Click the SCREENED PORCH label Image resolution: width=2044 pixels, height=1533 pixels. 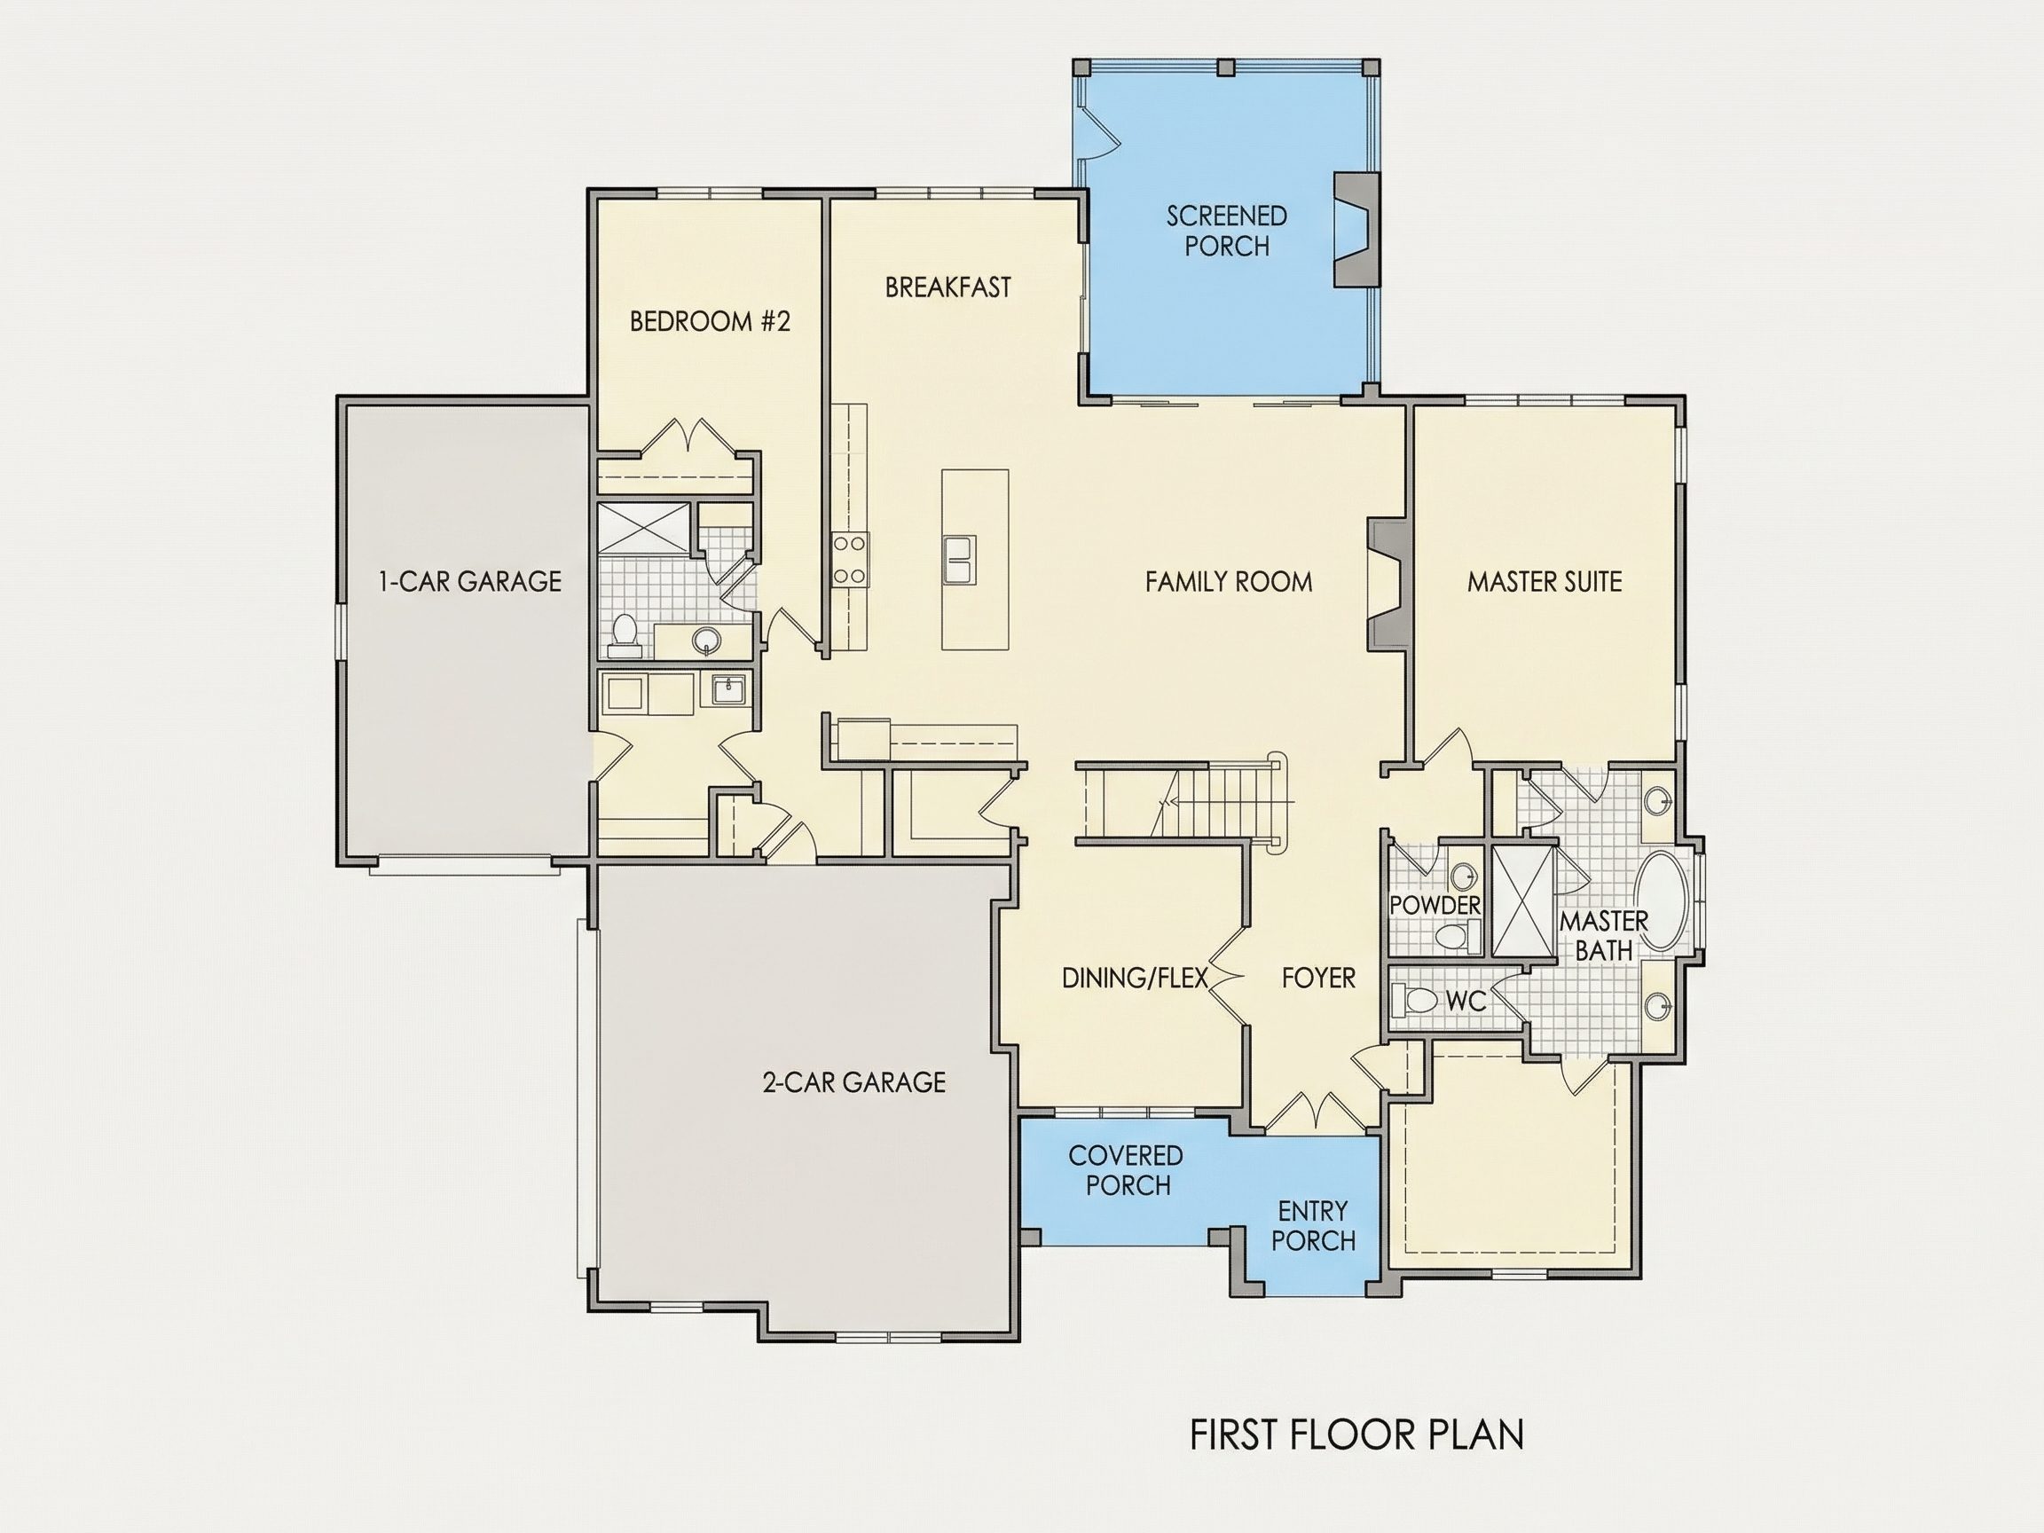[1226, 230]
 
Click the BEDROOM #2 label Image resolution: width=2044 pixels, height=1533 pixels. [710, 320]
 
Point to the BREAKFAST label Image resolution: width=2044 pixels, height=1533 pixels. [948, 287]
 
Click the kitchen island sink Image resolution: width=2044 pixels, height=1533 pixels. [958, 560]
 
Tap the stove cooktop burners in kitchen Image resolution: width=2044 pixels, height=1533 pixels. [850, 560]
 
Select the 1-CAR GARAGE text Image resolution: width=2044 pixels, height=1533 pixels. [469, 581]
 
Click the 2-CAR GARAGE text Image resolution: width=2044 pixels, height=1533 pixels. [853, 1082]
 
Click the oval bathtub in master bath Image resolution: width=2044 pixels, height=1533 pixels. [1662, 902]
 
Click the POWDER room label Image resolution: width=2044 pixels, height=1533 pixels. [1435, 905]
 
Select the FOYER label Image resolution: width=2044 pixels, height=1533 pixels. [1318, 978]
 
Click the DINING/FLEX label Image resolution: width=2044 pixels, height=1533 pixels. [1135, 978]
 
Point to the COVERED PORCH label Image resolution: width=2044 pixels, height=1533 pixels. [1127, 1170]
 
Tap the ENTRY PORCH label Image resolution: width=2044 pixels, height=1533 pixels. [1313, 1225]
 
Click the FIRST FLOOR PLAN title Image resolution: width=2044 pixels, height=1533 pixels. [1356, 1435]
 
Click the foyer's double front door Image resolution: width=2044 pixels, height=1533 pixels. [1313, 1112]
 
